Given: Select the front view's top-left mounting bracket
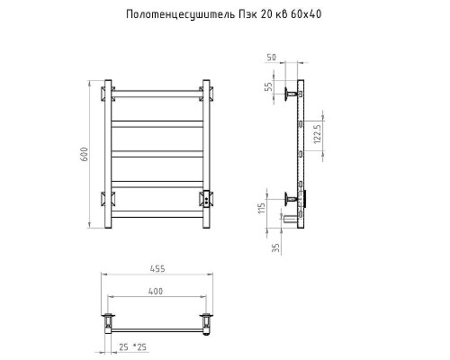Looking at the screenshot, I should click(x=106, y=92).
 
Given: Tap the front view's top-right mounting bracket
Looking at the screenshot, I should click(x=208, y=92).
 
